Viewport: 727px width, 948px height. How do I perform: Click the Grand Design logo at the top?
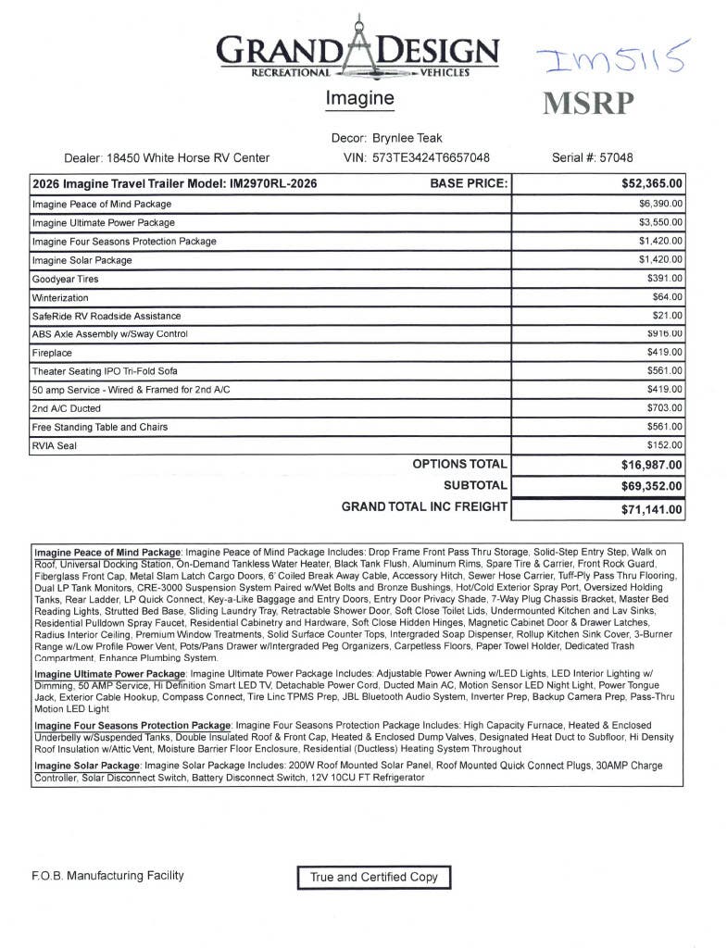(x=358, y=51)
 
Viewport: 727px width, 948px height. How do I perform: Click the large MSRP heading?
(x=589, y=103)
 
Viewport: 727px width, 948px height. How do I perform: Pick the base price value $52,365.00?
(x=652, y=183)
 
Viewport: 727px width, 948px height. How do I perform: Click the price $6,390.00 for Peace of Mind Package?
(x=660, y=203)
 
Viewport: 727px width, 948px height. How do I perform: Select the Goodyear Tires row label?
(x=65, y=279)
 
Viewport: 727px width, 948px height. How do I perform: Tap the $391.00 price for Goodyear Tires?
(x=665, y=278)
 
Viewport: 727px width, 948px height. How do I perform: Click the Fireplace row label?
(x=52, y=353)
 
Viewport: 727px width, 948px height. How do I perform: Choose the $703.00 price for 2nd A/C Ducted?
(x=665, y=407)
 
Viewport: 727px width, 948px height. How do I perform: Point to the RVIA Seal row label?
(x=55, y=446)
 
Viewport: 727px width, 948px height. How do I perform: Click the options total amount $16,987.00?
(x=652, y=465)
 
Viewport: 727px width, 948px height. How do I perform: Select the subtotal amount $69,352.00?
(x=652, y=485)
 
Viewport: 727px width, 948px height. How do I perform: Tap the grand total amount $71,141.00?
(x=652, y=509)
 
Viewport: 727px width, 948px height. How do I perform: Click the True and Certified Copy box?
(x=374, y=877)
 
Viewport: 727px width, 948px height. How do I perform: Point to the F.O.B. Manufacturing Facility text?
(x=107, y=876)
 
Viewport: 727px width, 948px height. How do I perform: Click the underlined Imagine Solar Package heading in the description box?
(x=87, y=766)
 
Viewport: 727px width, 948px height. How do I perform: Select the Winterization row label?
(x=60, y=298)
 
